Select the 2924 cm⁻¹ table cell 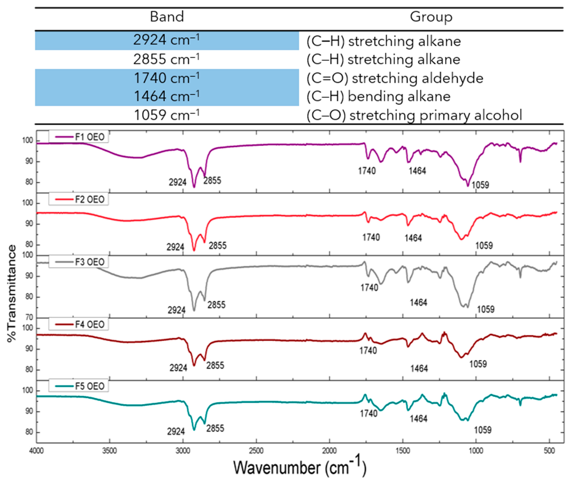coord(166,40)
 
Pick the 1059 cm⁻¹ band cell coord(166,115)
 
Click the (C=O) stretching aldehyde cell coord(395,78)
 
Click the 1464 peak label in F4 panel coord(419,369)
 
